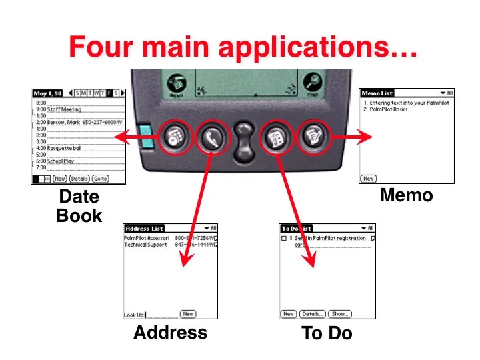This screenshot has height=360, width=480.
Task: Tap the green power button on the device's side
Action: point(145,136)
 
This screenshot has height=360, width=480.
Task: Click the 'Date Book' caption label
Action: point(79,206)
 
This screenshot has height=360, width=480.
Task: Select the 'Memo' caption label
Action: point(406,195)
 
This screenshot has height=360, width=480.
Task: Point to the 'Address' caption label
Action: point(170,332)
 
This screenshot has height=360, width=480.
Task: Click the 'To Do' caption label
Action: point(327,333)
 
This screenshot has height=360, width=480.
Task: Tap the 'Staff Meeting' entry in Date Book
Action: point(64,109)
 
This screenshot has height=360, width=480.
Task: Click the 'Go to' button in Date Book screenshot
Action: point(101,179)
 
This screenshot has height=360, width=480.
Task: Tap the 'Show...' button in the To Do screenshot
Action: point(339,313)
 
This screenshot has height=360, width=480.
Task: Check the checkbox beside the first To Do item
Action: point(284,238)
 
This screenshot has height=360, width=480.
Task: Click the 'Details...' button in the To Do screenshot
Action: point(312,313)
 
